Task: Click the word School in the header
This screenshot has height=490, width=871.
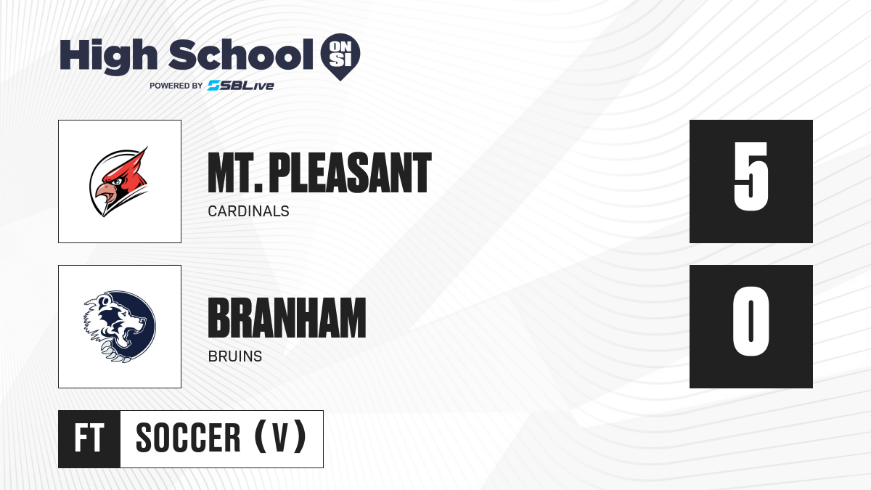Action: [x=240, y=55]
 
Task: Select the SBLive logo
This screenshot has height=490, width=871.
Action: [x=241, y=86]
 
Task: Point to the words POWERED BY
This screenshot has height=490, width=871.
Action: [x=176, y=86]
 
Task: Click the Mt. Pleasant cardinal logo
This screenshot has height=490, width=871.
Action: [x=119, y=181]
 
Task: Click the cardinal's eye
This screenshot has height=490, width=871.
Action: [x=116, y=181]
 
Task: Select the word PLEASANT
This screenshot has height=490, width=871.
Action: [x=350, y=173]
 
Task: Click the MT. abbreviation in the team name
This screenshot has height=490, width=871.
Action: [x=235, y=173]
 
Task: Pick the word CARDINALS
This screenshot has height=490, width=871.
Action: [x=248, y=211]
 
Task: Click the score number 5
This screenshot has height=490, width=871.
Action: [x=751, y=176]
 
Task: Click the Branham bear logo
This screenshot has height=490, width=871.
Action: [x=120, y=327]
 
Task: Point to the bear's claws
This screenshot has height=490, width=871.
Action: [x=115, y=351]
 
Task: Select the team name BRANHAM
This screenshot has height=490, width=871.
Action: [x=287, y=318]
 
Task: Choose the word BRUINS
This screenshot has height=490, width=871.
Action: [x=235, y=356]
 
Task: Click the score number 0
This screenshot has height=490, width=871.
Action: [x=751, y=322]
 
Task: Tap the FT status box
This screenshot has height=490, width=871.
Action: [x=89, y=439]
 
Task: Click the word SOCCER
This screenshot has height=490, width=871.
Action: [x=188, y=438]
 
